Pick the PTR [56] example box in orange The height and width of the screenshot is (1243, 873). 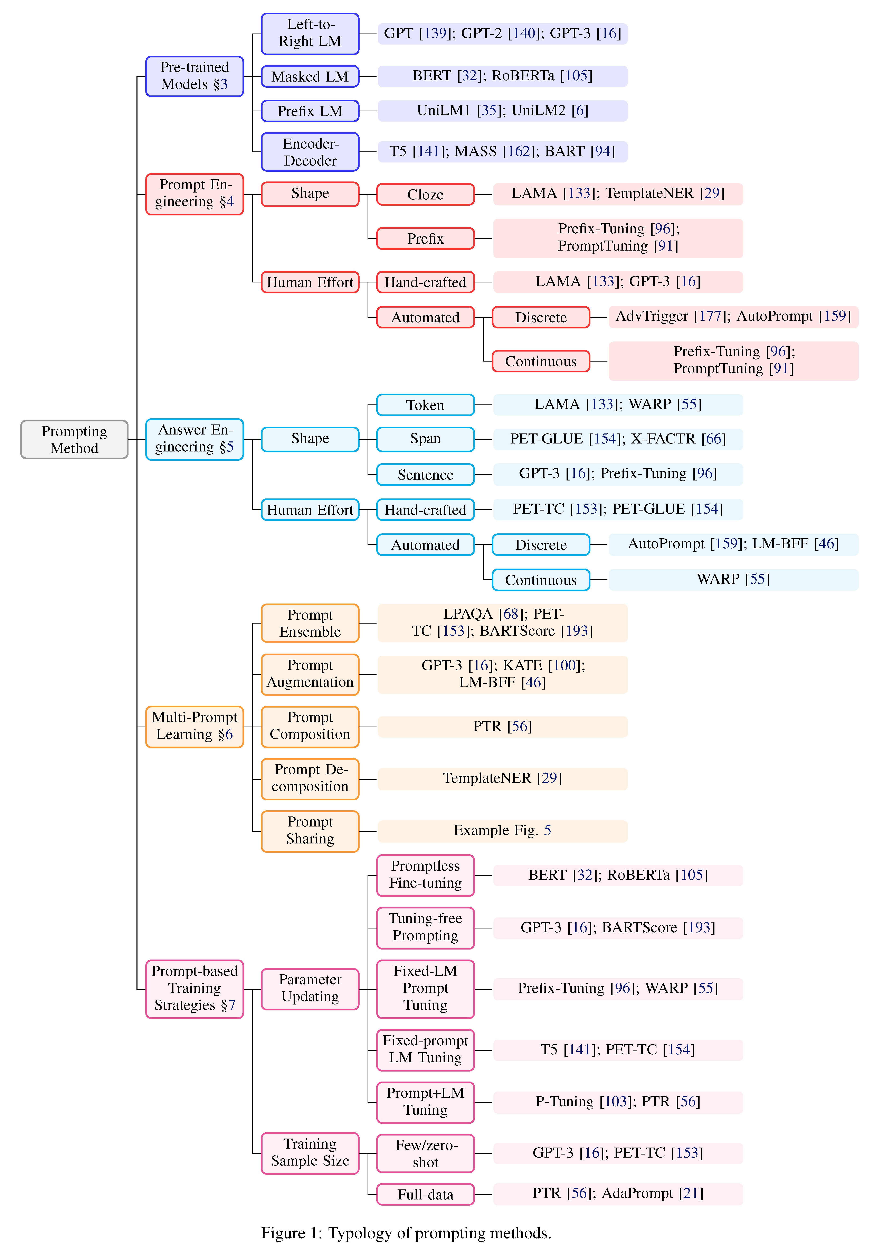click(502, 727)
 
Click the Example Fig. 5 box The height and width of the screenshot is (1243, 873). click(502, 830)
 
